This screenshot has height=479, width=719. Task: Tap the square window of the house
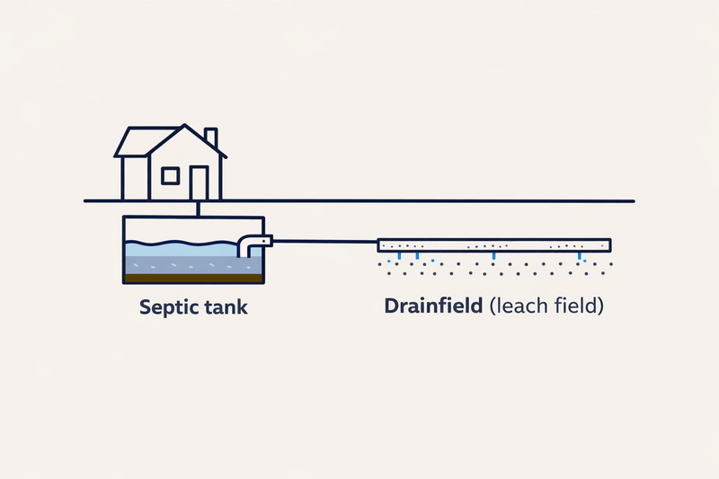click(x=170, y=175)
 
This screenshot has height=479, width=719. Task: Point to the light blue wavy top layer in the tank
click(x=180, y=248)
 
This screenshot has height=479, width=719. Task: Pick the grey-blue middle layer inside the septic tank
click(x=180, y=264)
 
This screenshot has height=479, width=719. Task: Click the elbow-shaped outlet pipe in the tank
click(x=251, y=244)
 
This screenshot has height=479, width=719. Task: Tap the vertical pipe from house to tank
click(x=198, y=208)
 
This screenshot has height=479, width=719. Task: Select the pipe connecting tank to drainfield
click(x=324, y=241)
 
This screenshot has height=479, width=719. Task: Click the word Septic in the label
click(x=168, y=306)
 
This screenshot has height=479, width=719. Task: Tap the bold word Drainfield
click(x=435, y=306)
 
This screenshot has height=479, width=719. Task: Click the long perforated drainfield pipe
click(x=494, y=244)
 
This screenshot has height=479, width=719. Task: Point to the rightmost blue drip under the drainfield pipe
click(x=580, y=257)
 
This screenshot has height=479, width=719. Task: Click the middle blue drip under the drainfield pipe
click(x=493, y=257)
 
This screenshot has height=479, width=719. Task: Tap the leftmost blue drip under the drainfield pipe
click(x=400, y=257)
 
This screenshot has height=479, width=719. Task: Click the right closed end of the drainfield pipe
click(x=608, y=244)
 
